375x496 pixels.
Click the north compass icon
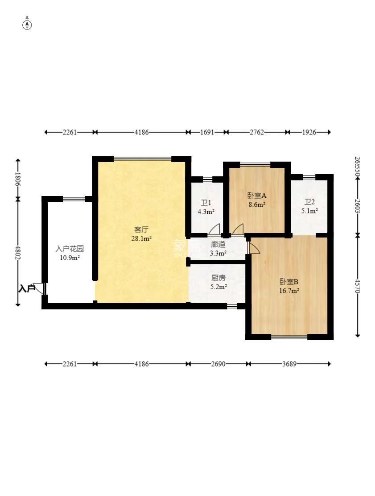[x=27, y=24]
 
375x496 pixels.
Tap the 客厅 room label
[x=141, y=230]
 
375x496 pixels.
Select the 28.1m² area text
[x=141, y=239]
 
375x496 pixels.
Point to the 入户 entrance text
[x=27, y=288]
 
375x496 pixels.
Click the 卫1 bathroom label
[x=206, y=203]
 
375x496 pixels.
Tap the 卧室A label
[x=257, y=196]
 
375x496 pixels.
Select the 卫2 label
[x=309, y=202]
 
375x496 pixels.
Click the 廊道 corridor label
[x=218, y=245]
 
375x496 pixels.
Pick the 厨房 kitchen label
[x=218, y=277]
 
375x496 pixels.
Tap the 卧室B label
[x=289, y=282]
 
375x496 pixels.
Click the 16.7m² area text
[x=289, y=291]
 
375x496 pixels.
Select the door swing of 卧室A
[x=238, y=229]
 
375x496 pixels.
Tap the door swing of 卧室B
[x=254, y=249]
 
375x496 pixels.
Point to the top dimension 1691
[x=207, y=132]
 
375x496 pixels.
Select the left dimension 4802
[x=18, y=252]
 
